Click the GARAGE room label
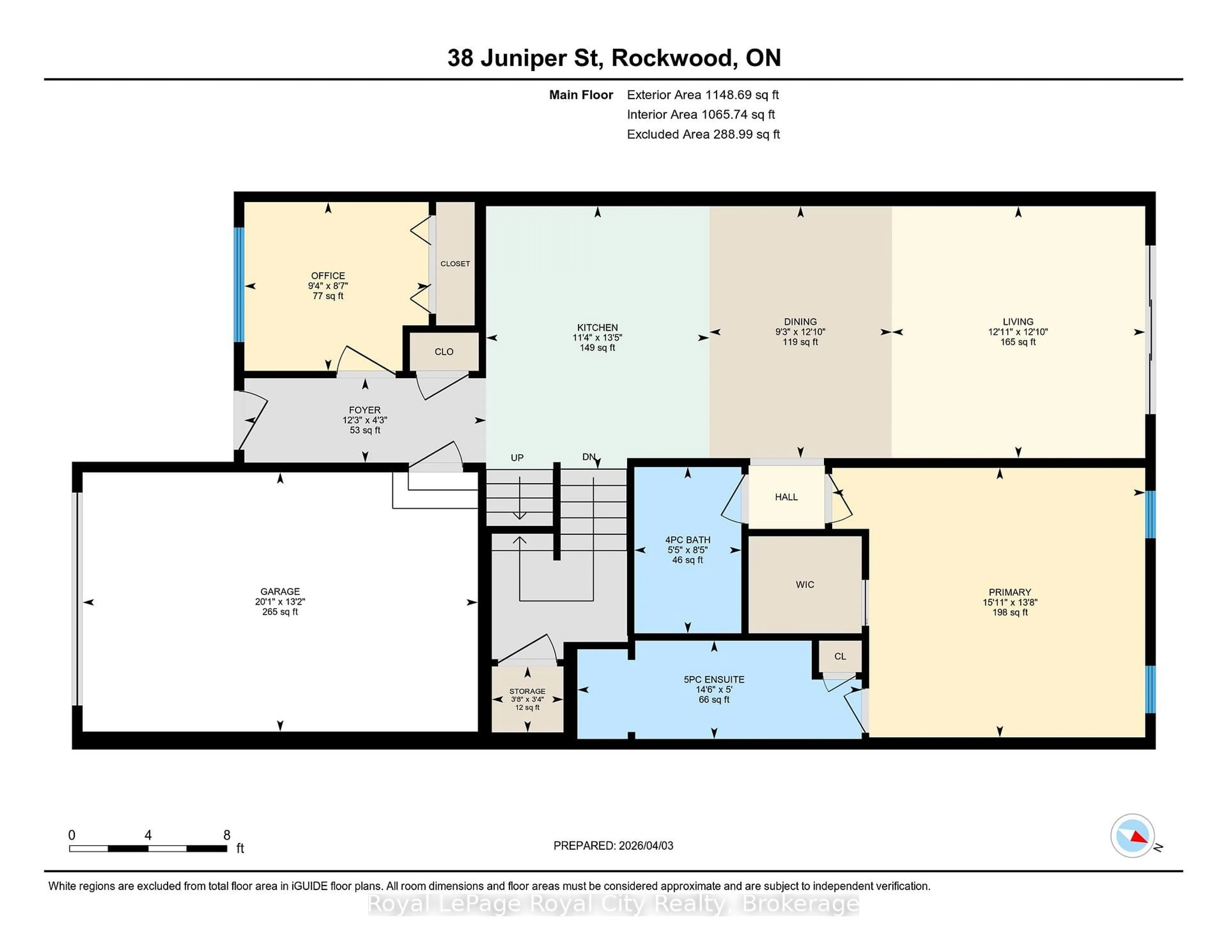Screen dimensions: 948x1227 pos(280,591)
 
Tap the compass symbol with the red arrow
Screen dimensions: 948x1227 pos(1132,836)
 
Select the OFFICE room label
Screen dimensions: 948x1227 pos(328,276)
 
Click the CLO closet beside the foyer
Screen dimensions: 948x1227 pos(444,352)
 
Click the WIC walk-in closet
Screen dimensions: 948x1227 pos(805,585)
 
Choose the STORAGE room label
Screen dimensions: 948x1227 pos(527,691)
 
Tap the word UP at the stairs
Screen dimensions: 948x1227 pos(517,458)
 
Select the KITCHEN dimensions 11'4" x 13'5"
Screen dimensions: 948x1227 pos(597,338)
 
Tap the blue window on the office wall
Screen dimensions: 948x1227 pos(239,284)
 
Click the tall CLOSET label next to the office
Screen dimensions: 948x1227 pos(455,264)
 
